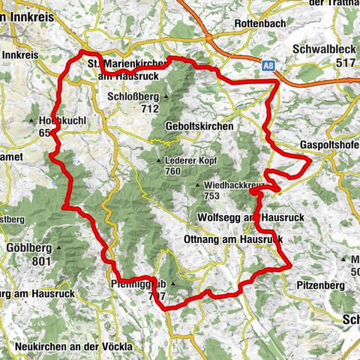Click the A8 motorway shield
(268, 67)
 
